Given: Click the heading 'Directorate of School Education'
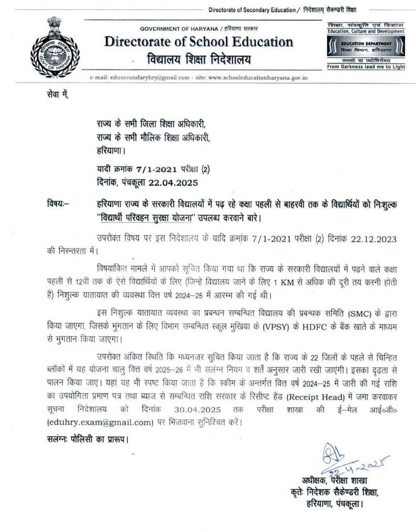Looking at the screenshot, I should coord(199,42).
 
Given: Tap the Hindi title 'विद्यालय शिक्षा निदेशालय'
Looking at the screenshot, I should coord(199,59).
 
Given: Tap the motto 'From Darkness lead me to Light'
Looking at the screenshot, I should coord(366,67).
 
